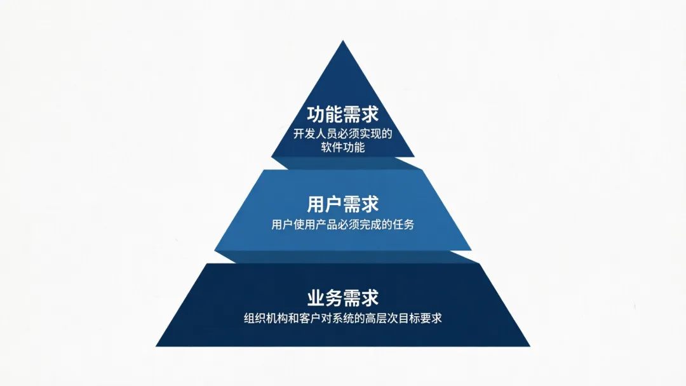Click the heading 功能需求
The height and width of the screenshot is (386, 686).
(343, 114)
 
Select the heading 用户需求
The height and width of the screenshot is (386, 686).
(343, 204)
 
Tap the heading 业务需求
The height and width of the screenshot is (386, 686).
(343, 298)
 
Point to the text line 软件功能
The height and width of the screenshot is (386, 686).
(343, 148)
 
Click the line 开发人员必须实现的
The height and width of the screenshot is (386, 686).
(343, 134)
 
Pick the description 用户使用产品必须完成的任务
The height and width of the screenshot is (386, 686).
(343, 224)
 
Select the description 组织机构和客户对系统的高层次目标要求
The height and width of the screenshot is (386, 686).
(343, 318)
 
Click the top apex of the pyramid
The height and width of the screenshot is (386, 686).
(343, 42)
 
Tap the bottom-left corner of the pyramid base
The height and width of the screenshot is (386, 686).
(157, 345)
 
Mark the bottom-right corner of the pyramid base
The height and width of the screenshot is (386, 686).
(529, 345)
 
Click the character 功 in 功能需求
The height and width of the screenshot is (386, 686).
(316, 114)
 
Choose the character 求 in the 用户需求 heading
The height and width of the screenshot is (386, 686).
(370, 204)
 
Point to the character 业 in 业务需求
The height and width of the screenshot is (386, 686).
(316, 298)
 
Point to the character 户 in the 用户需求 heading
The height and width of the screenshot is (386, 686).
(334, 204)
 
